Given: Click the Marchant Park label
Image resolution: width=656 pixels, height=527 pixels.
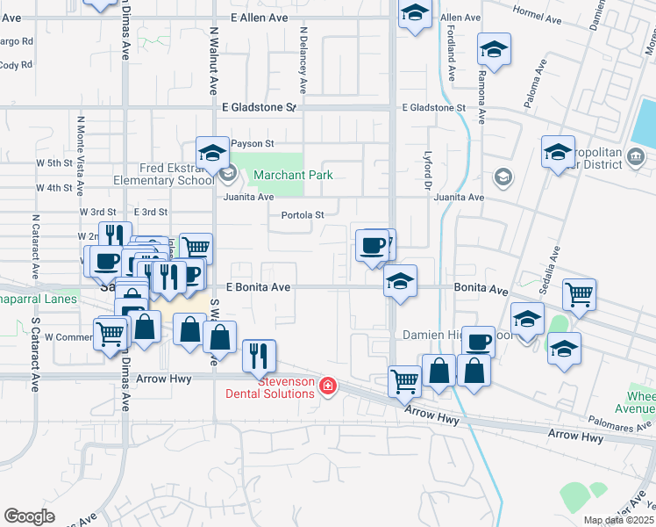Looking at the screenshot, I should coord(293,175).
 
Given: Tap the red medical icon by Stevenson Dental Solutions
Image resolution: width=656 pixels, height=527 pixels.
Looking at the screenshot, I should coord(328,386).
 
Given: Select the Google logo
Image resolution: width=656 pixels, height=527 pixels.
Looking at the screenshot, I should coord(29,516).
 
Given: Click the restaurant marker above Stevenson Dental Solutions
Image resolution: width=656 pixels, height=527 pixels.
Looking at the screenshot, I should coord(259,355).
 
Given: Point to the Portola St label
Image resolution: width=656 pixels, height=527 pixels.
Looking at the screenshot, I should coord(303,215).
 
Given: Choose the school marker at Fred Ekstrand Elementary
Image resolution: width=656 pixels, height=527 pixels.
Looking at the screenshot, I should coord(212,153).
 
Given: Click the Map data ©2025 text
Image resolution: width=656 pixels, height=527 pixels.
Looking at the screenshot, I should coord(618,520).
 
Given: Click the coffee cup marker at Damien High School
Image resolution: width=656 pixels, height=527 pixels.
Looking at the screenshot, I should coord(478,341).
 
